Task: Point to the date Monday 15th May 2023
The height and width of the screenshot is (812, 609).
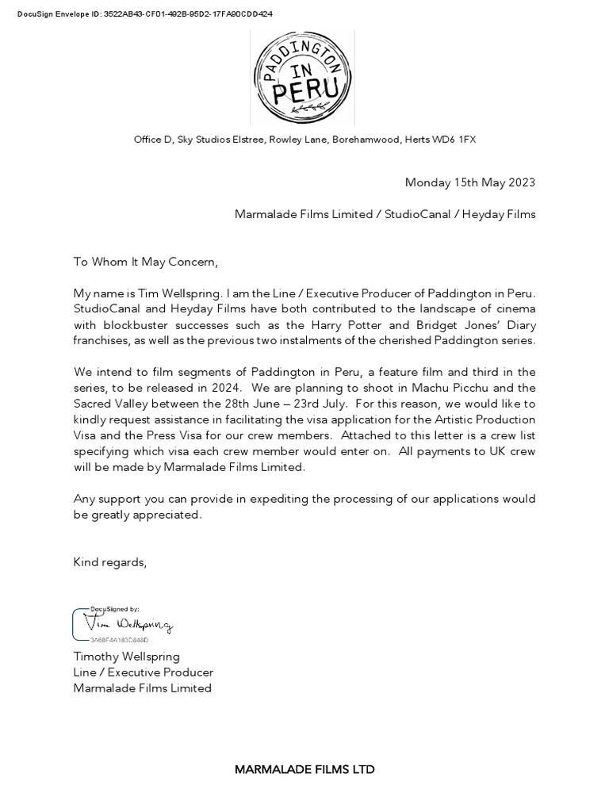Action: (469, 182)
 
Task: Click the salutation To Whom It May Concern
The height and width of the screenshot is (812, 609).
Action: (145, 262)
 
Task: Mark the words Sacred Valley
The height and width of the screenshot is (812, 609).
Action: (111, 404)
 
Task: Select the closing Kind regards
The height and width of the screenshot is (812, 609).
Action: (110, 562)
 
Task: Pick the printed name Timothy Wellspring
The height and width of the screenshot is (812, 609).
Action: (127, 657)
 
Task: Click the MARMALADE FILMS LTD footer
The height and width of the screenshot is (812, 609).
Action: (304, 769)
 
